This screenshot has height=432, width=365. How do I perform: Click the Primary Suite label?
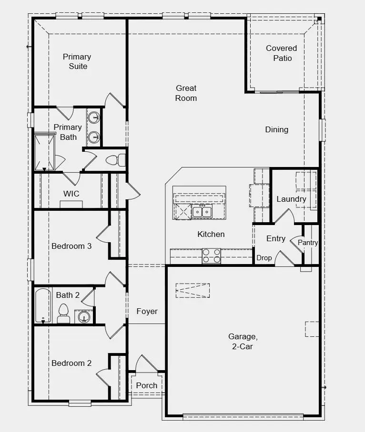coord(77,61)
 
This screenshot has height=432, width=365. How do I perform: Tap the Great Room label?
coord(186,93)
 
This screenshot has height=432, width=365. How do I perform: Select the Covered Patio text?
coord(282,53)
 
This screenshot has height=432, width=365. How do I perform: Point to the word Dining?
coord(277,129)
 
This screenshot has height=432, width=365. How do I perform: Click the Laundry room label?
coord(291,199)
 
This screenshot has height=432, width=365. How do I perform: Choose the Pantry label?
coord(308,243)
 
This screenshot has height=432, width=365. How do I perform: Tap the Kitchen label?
coord(211,234)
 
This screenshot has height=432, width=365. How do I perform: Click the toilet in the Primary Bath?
coord(116,160)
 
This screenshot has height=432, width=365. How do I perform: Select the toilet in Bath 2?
coord(64,314)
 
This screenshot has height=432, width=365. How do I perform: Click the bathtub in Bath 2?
coord(43,305)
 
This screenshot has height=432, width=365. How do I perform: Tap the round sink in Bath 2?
coord(83,316)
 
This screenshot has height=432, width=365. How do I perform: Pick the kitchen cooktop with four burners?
coord(212,256)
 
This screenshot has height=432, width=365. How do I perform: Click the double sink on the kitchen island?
coord(202,212)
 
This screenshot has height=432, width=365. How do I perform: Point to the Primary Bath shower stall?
coord(44,152)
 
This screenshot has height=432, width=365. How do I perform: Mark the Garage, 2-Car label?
coord(243,341)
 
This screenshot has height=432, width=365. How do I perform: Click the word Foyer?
coord(147,311)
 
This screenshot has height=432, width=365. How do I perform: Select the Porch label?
coord(146,385)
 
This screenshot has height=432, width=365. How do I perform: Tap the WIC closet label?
coord(71,194)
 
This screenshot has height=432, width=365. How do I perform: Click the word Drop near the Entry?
coord(264,258)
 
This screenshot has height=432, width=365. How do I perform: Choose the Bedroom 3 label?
coord(71,246)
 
